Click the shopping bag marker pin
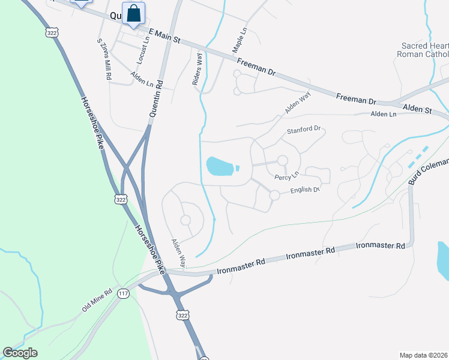(x=133, y=13)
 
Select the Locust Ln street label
(x=142, y=53)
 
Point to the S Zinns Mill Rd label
(x=104, y=60)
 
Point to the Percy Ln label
(x=286, y=177)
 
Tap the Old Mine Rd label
(x=97, y=302)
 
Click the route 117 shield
(x=124, y=293)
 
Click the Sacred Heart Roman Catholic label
(x=423, y=50)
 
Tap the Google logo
(x=20, y=353)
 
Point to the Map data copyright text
(x=423, y=355)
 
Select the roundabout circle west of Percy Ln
(x=282, y=161)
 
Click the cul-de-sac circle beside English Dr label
(x=274, y=195)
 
